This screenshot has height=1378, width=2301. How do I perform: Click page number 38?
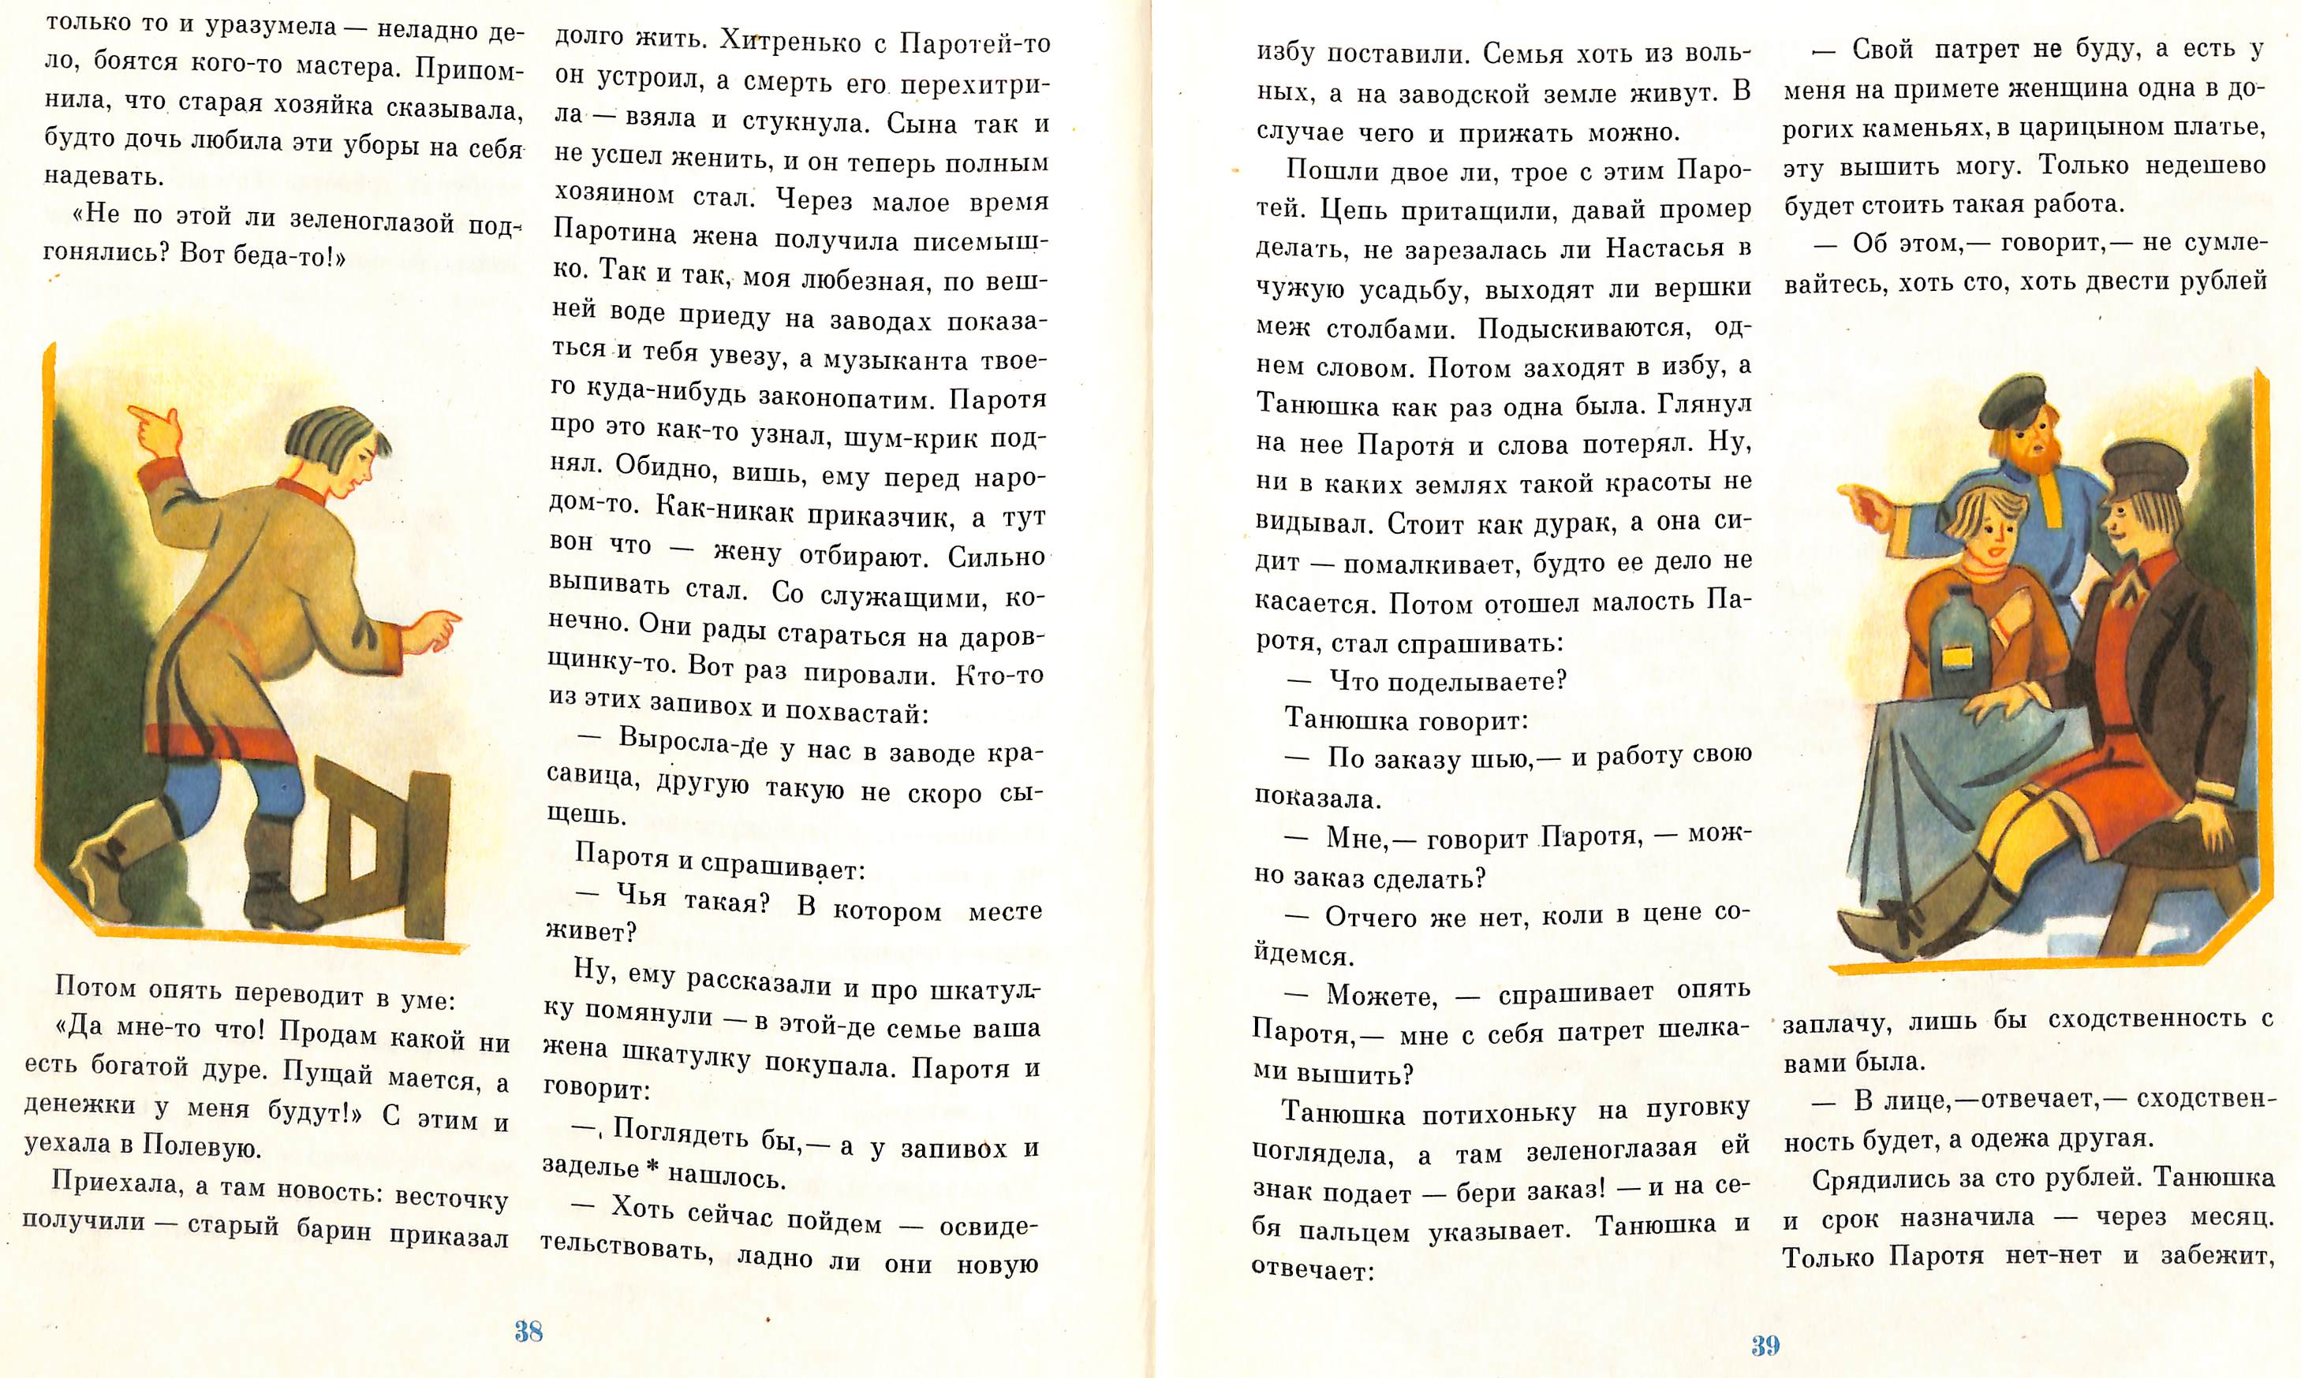tap(529, 1331)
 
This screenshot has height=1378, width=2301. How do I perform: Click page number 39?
tap(1765, 1345)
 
